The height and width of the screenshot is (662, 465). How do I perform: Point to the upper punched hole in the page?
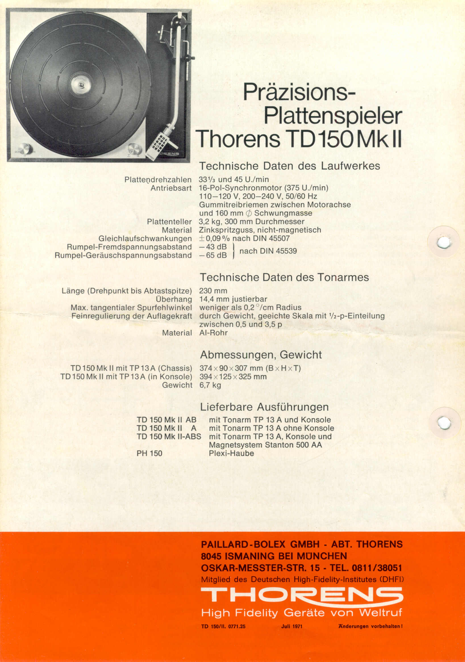pos(444,242)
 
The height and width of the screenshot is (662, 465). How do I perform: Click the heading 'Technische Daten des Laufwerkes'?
pos(289,166)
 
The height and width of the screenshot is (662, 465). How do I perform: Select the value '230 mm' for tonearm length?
pos(213,291)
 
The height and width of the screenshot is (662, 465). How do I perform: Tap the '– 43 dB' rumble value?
pos(213,247)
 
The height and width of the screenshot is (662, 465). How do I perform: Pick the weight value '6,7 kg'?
pos(210,385)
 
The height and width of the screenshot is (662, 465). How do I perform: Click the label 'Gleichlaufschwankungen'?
pos(145,238)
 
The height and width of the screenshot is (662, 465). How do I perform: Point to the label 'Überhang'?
pos(174,299)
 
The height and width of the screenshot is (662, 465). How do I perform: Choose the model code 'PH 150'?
pos(149,453)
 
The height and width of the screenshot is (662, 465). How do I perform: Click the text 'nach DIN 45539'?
pos(268,251)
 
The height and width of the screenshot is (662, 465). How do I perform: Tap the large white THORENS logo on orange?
pos(301,595)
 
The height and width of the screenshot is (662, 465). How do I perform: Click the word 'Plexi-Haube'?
pos(231,453)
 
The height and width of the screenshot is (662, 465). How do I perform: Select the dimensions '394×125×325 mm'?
pos(233,376)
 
